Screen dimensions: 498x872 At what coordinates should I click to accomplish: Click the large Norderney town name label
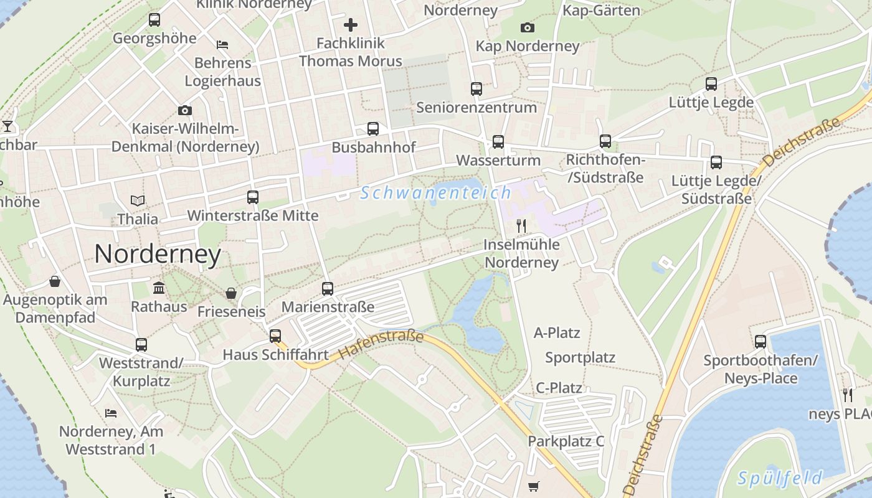point(158,254)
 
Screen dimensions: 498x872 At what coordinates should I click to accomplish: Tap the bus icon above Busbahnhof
point(373,129)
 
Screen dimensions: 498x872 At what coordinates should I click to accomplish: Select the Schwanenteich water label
point(435,193)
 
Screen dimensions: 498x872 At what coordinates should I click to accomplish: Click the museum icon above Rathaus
point(159,288)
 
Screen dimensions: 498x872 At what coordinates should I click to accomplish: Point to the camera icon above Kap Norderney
point(527,27)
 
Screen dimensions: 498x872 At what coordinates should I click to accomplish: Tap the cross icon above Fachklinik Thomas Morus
point(351,25)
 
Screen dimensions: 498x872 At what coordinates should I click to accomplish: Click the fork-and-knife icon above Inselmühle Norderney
point(521,225)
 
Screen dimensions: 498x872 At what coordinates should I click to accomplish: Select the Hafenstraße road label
point(381,345)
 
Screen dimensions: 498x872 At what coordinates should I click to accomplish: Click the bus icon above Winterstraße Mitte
point(253,197)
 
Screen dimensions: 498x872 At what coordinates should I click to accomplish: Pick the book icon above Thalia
point(138,200)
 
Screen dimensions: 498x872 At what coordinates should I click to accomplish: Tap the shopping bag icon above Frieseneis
point(231,293)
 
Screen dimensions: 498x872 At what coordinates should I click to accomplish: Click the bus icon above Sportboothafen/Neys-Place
point(760,342)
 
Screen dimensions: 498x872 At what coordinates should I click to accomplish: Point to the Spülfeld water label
point(779,478)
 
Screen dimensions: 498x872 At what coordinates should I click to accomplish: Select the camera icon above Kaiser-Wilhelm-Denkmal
point(185,110)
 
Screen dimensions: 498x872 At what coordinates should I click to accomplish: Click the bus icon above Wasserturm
point(498,141)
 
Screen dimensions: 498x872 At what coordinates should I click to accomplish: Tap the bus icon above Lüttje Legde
point(711,84)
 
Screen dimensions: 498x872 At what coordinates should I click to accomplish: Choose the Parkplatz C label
point(566,441)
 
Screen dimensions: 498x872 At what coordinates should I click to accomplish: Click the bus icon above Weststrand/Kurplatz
point(141,345)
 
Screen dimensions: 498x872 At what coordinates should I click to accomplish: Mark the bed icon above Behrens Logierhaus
point(222,44)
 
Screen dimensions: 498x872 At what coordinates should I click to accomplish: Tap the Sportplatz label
point(580,357)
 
